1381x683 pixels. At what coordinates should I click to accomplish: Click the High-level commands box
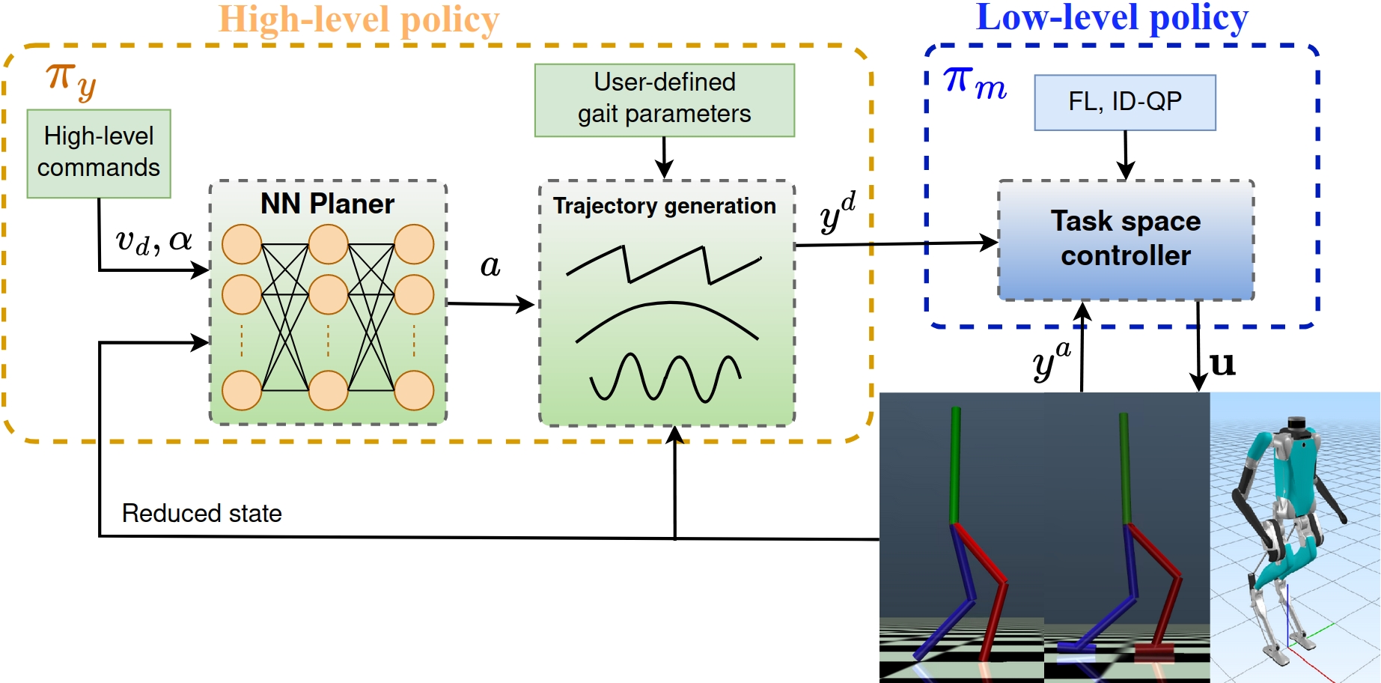[99, 154]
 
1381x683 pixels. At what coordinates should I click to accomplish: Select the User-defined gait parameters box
[664, 100]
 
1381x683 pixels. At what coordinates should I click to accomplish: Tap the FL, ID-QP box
[1124, 102]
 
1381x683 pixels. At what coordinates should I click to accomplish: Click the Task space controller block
[1125, 240]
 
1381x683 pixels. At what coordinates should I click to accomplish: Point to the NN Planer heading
[327, 204]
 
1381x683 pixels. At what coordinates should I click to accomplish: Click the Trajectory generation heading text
[664, 206]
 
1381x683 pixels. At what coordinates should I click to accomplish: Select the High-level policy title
[359, 20]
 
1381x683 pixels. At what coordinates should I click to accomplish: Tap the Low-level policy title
[1112, 18]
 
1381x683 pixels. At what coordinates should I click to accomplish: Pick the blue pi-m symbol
[975, 82]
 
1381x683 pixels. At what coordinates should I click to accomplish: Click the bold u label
[1222, 365]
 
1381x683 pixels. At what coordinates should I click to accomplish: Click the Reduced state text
[201, 514]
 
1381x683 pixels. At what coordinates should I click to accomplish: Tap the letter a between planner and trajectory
[490, 266]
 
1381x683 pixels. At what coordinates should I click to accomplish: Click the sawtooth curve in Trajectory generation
[663, 264]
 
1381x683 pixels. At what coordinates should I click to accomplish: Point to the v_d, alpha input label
[153, 241]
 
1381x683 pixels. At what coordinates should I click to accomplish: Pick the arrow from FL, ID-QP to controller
[1125, 155]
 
